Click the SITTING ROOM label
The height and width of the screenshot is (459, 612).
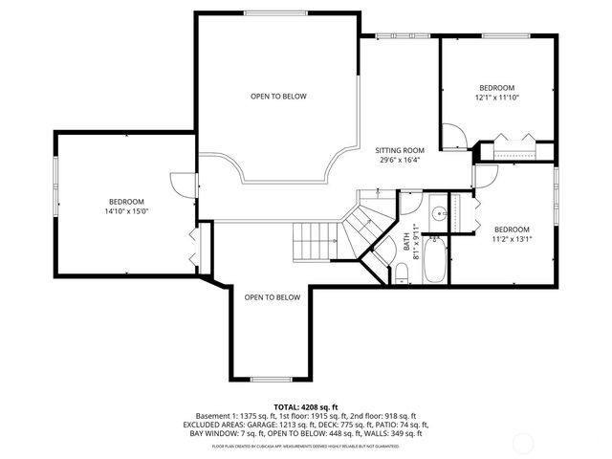point(399,150)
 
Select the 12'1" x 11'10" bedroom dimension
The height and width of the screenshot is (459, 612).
point(497,97)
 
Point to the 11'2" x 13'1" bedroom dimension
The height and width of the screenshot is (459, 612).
point(512,239)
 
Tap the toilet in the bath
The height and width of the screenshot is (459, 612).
point(403,274)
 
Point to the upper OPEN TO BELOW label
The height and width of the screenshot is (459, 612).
point(278,97)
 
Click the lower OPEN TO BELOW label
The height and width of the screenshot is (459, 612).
point(272,297)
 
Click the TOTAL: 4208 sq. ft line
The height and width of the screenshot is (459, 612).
point(306,406)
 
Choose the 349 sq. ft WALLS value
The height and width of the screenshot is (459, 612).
point(403,433)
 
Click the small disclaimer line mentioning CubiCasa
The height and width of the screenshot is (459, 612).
point(306,446)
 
